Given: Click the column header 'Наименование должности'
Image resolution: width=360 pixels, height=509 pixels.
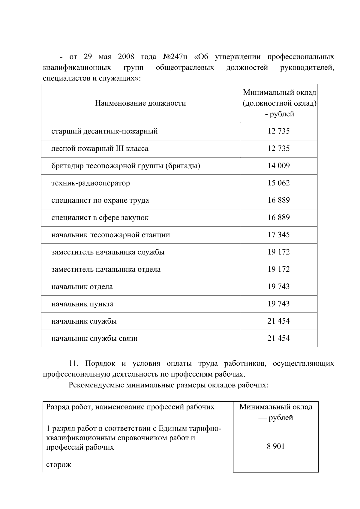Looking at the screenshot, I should (x=140, y=103).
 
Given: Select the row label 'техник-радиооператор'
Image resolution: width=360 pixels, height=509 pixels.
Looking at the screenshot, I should (x=91, y=183).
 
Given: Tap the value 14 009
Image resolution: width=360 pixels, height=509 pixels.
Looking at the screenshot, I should (x=278, y=166).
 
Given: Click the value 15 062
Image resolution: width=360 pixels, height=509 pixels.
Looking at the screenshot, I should (x=278, y=183).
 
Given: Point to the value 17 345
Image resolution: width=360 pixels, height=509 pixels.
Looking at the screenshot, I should (x=278, y=235).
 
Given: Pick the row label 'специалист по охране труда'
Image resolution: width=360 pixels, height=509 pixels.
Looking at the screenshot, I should (x=100, y=200).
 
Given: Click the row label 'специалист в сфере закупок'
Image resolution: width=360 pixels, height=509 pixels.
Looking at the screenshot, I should (x=100, y=218).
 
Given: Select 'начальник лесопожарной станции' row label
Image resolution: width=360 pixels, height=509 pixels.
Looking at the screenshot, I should (x=110, y=235).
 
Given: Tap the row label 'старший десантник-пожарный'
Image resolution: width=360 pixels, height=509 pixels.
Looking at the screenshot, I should (x=104, y=131).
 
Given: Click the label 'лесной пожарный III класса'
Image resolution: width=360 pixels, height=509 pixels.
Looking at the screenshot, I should (x=100, y=149).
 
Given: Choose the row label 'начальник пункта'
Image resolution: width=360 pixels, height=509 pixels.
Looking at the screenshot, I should (x=82, y=304).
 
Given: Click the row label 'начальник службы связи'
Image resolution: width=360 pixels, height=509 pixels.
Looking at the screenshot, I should (x=94, y=339).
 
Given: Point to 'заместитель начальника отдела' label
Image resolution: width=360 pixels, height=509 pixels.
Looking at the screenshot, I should (x=106, y=269).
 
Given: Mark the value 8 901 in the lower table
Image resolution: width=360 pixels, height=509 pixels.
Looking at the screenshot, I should (x=275, y=447).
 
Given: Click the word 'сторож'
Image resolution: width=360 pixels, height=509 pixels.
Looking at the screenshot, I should (x=58, y=465).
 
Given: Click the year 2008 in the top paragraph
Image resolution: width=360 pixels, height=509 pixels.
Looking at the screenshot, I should (x=126, y=57).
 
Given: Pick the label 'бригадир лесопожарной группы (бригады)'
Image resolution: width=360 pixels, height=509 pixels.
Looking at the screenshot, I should (x=126, y=166).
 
